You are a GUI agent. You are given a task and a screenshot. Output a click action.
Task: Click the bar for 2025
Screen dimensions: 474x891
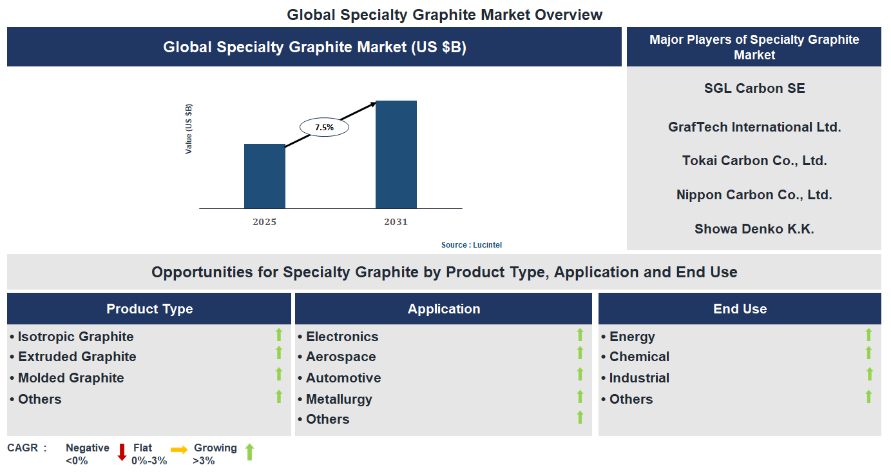tap(264, 176)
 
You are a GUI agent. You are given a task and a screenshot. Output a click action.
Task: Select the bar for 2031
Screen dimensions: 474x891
tap(396, 155)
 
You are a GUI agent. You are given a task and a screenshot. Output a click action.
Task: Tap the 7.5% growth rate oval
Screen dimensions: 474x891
tap(324, 127)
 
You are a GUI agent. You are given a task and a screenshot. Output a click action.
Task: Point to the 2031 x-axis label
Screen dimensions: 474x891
tap(396, 222)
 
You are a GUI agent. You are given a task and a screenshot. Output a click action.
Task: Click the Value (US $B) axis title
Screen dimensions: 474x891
tap(189, 129)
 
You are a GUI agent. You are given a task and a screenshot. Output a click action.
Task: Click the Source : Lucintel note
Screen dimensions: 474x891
tap(471, 245)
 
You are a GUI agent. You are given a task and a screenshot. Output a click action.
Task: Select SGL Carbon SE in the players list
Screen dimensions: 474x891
tap(754, 88)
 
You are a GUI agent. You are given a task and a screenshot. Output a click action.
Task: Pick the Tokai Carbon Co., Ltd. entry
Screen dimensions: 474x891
tap(754, 161)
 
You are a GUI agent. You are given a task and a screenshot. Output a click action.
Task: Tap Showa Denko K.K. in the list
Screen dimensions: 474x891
tap(754, 229)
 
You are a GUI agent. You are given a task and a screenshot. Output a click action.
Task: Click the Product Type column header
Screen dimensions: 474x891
tap(149, 309)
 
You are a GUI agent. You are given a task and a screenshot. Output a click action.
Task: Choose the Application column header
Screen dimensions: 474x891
tap(443, 309)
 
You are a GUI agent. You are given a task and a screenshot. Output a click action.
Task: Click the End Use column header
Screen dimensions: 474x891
tap(740, 309)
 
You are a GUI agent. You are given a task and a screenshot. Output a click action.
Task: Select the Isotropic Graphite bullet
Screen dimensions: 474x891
tap(75, 337)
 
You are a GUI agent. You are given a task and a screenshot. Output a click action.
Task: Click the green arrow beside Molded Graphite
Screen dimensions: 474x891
tap(279, 375)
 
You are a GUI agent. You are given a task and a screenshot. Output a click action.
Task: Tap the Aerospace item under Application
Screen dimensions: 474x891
tap(340, 357)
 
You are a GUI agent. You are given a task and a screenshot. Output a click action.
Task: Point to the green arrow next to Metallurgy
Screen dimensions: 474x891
tap(580, 397)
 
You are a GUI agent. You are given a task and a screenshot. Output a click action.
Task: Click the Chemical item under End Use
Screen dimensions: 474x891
tap(639, 357)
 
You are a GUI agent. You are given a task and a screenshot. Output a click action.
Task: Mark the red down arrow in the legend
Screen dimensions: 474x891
tap(122, 451)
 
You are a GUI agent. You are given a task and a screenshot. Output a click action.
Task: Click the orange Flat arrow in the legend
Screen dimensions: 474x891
tap(179, 449)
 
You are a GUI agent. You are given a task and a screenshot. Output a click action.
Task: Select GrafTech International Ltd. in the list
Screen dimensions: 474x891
tap(754, 127)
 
